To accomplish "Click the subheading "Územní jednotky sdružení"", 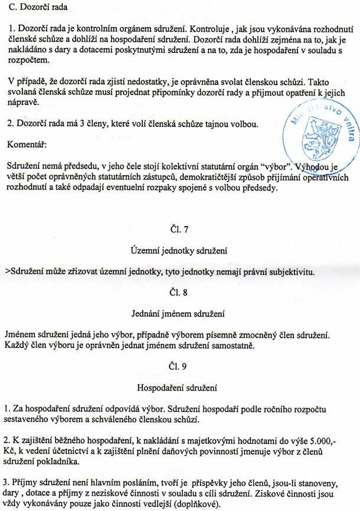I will click(x=178, y=251).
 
